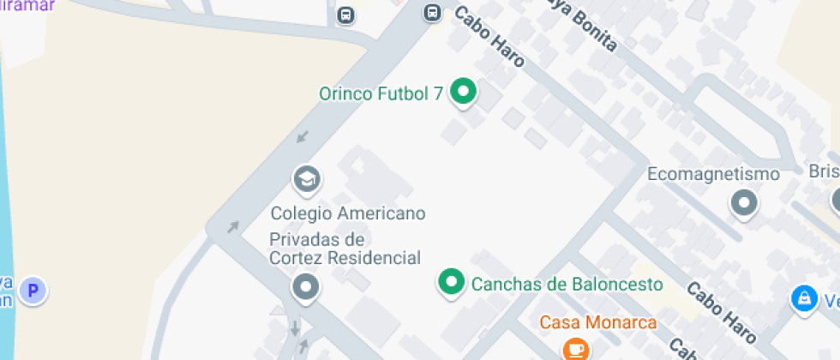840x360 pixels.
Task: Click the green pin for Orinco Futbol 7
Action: [x=464, y=92]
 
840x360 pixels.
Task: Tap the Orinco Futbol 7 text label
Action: [x=381, y=93]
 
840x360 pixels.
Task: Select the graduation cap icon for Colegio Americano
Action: [x=306, y=179]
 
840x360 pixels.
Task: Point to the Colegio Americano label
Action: [x=348, y=213]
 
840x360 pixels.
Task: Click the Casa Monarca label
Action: [x=598, y=323]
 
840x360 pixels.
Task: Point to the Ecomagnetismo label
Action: [x=713, y=175]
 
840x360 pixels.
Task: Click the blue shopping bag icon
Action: [x=804, y=297]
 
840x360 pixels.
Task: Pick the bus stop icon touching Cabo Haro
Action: [x=433, y=13]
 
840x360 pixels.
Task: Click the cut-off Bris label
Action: [x=824, y=171]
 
